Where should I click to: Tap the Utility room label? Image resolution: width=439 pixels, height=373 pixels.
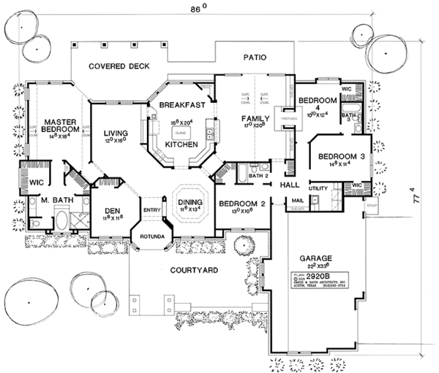(x=318, y=188)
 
